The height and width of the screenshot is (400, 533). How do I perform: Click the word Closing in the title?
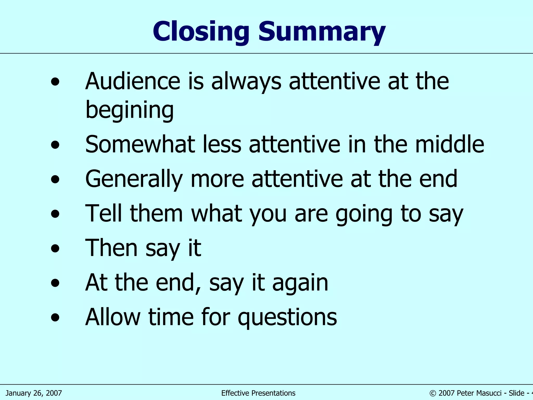point(201,32)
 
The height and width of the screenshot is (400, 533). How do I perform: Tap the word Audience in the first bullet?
point(133,81)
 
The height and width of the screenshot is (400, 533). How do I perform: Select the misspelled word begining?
point(129,110)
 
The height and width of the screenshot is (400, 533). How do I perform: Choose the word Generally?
point(134,179)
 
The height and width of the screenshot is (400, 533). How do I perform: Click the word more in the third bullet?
point(217,179)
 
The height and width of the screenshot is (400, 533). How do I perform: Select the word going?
point(364,214)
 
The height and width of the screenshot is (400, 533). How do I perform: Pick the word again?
point(300,283)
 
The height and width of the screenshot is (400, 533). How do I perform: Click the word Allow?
point(113,317)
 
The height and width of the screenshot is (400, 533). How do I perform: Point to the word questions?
point(287,317)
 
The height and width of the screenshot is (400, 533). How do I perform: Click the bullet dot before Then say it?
point(55,248)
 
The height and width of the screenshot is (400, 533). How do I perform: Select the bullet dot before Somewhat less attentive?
point(55,145)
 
